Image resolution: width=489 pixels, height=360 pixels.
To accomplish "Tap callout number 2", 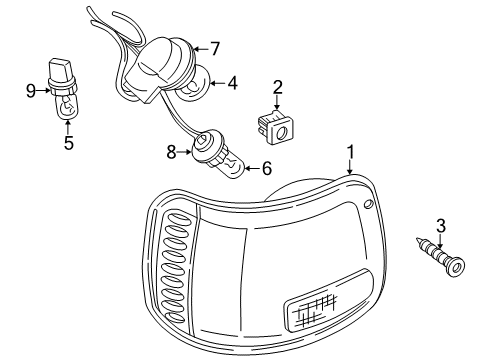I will [x=277, y=87].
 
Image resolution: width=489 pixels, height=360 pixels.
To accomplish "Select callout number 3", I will [x=439, y=226].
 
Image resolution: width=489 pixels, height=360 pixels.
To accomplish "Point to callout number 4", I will [x=231, y=83].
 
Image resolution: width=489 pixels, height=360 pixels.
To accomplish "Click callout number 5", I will [x=68, y=142].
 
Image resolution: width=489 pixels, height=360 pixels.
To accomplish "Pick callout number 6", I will [x=267, y=169].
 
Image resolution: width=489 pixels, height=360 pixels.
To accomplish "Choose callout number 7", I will [x=214, y=46].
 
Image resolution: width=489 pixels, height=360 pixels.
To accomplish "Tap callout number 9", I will [x=31, y=91].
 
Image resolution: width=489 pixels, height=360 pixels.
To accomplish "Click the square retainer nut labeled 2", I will [x=275, y=126].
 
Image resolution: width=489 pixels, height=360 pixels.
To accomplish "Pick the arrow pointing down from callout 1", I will [x=349, y=167].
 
